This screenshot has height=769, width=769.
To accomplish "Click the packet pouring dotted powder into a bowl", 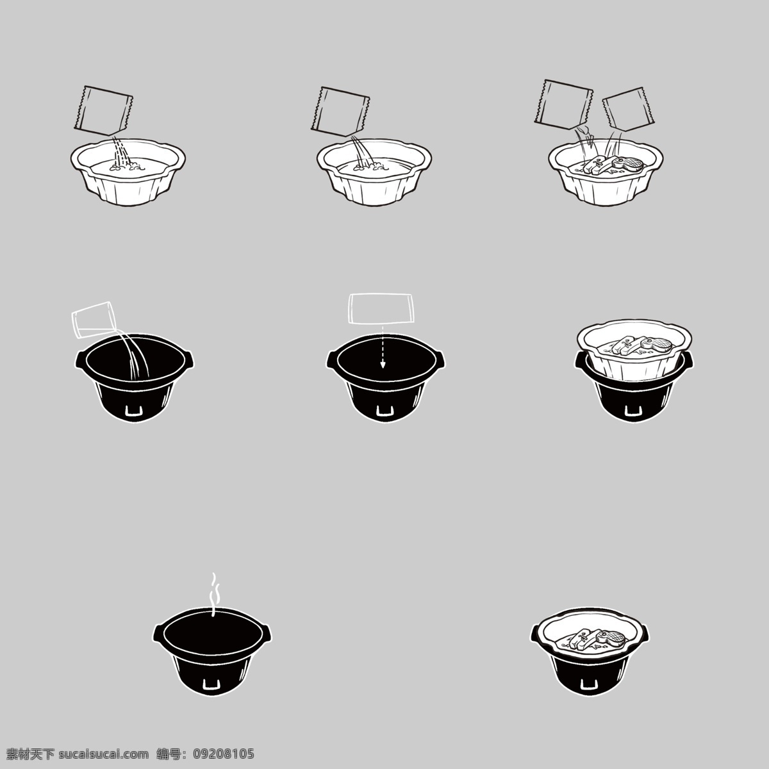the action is click(103, 110).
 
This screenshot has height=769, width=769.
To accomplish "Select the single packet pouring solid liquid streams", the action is click(340, 112).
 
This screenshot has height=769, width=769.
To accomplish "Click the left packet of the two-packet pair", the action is click(563, 104).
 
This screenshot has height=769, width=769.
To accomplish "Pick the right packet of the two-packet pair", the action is click(629, 109).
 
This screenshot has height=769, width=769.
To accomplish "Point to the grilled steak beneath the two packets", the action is click(628, 164).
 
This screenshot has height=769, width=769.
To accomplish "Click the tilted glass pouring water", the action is click(94, 320).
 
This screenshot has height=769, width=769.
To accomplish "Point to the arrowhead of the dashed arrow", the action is click(383, 365).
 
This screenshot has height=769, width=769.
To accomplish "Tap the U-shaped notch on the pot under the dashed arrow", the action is click(383, 411).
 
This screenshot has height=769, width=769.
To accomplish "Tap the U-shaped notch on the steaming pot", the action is click(211, 684).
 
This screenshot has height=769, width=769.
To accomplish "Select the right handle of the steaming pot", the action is click(267, 633).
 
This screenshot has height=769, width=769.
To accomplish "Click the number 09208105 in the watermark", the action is click(224, 754).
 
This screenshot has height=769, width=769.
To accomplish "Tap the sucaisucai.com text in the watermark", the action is click(104, 754).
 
